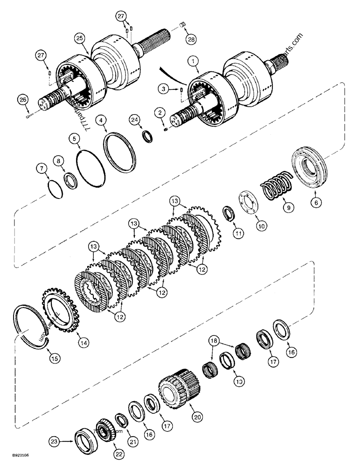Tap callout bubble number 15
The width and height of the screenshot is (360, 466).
coord(54,358)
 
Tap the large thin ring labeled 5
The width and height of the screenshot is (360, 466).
coord(90,168)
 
